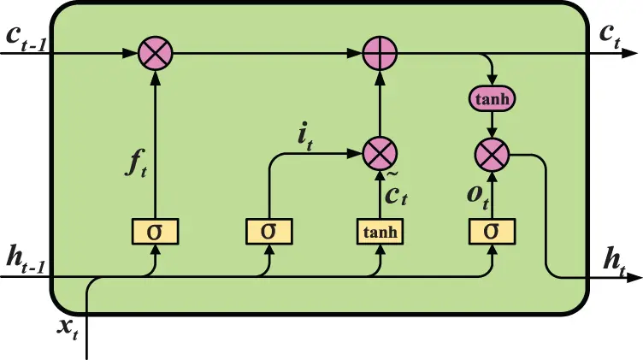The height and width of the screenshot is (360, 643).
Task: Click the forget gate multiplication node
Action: coord(156,55)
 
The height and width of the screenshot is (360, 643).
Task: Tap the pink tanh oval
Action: coord(492,99)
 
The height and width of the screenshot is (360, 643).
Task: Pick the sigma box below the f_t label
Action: coord(156,231)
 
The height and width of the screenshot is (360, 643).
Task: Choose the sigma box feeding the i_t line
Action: coord(270,231)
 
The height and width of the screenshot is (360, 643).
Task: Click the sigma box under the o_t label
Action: coord(492,231)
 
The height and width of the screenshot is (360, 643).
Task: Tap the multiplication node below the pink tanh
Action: coord(492,155)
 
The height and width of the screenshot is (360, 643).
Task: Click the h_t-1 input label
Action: coord(26,258)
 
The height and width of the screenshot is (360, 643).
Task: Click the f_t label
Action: coord(137,162)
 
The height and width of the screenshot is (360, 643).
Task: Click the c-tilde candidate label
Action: coord(396,193)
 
